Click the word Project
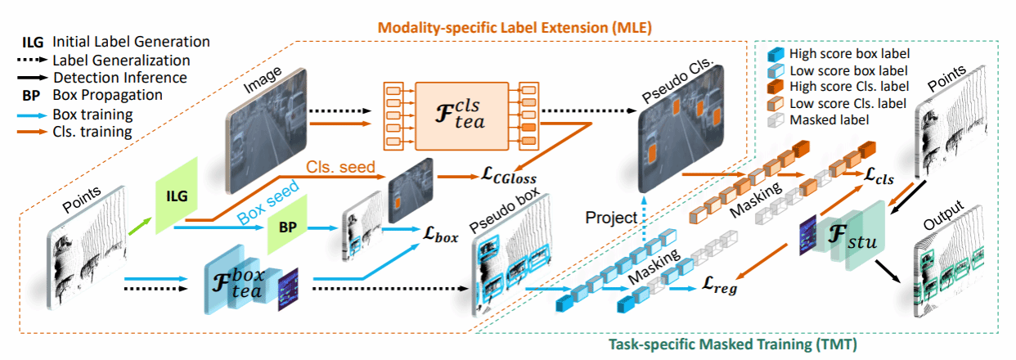click(612, 218)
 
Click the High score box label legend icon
click(775, 54)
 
